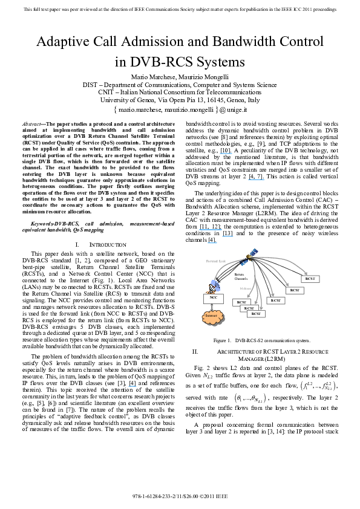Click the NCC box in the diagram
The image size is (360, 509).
pyautogui.click(x=213, y=297)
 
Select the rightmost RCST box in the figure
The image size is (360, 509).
pyautogui.click(x=312, y=279)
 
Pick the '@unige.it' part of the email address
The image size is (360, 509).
pyautogui.click(x=235, y=111)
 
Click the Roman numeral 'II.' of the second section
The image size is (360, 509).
pyautogui.click(x=195, y=351)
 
